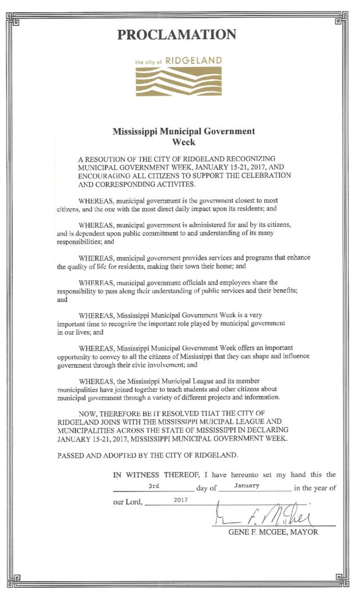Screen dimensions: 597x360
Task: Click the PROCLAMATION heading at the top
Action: point(177,35)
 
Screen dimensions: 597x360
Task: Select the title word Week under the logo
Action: point(183,141)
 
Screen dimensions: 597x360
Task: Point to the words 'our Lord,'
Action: point(128,502)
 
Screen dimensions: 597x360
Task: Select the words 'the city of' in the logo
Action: point(146,62)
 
